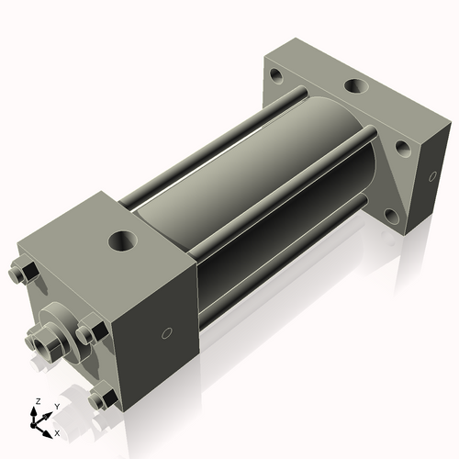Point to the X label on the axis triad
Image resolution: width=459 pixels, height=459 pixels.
pyautogui.click(x=58, y=431)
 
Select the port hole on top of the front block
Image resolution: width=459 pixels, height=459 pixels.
pyautogui.click(x=122, y=242)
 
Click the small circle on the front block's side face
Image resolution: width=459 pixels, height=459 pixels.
pyautogui.click(x=166, y=332)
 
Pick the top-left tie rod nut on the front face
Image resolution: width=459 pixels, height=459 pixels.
pyautogui.click(x=25, y=273)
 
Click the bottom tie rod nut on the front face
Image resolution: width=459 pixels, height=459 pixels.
pyautogui.click(x=104, y=399)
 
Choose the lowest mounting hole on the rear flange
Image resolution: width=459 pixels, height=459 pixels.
pyautogui.click(x=392, y=217)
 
